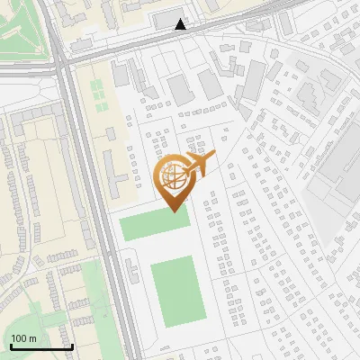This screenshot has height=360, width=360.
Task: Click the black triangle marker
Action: tap(181, 24)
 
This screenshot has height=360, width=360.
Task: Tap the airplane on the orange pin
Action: tap(199, 165)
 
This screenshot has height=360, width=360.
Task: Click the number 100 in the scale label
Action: tap(19, 338)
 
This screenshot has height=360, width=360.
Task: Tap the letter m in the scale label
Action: tap(32, 338)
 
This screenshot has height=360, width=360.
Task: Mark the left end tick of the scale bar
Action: tap(10, 346)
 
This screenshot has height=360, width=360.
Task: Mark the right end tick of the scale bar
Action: tap(72, 346)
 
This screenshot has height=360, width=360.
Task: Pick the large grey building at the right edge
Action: tap(342, 171)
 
